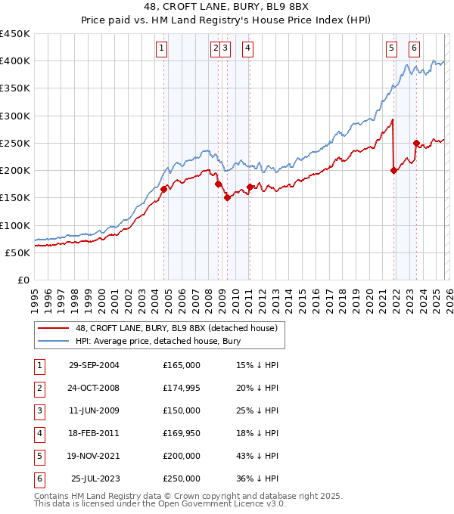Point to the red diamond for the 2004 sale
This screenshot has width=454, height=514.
click(x=164, y=189)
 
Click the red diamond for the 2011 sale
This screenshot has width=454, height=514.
click(x=250, y=187)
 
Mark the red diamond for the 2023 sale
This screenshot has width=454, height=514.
click(x=416, y=143)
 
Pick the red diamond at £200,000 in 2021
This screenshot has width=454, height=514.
click(x=393, y=170)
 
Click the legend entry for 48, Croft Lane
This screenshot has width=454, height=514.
click(x=177, y=328)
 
